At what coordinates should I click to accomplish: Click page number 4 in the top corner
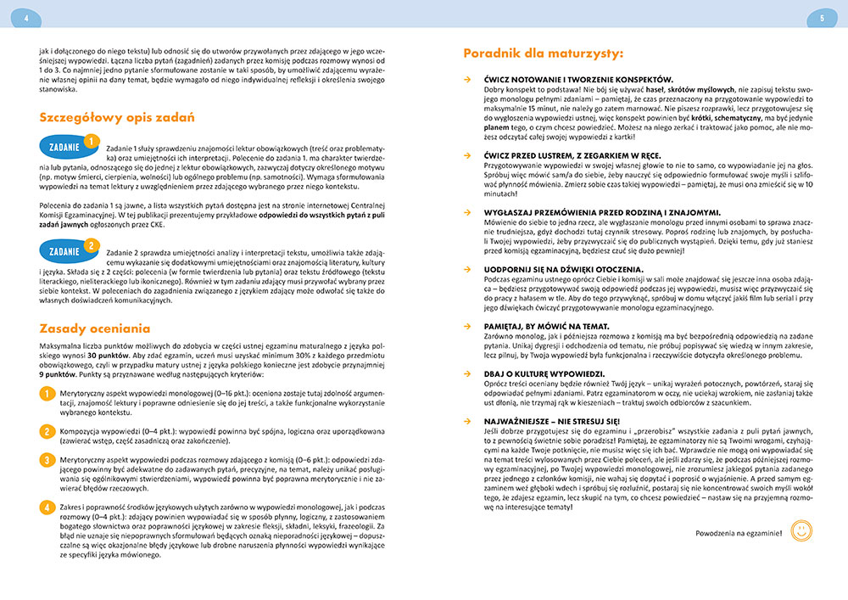click(x=26, y=17)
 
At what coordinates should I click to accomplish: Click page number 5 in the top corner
click(x=822, y=17)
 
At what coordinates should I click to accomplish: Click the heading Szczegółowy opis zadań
click(x=117, y=117)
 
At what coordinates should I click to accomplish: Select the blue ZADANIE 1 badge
click(x=67, y=147)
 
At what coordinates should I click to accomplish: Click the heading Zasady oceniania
click(x=95, y=328)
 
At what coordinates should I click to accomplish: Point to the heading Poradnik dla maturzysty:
click(x=543, y=53)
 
